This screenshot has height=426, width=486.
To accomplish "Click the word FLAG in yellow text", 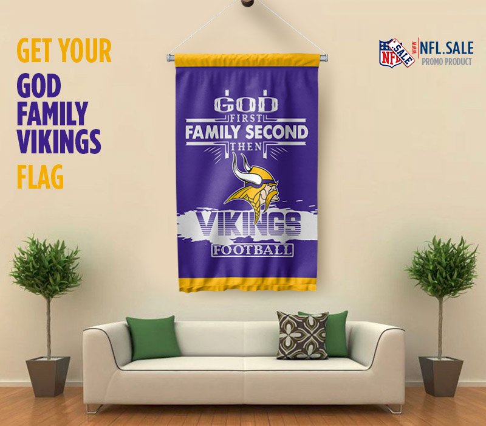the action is tap(40, 176).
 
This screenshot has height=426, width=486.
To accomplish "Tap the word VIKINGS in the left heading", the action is tap(59, 142).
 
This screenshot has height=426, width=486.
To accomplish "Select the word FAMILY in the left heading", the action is tap(52, 113).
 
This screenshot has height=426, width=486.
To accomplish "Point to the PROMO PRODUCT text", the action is tap(447, 61).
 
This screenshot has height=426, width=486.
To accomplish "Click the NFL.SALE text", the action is tap(447, 49).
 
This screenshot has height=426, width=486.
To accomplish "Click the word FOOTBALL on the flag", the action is tap(252, 250).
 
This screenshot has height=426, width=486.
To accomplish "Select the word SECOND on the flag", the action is tap(276, 132).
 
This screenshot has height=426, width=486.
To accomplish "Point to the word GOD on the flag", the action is tap(245, 102).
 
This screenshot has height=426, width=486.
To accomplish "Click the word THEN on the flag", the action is tap(247, 146).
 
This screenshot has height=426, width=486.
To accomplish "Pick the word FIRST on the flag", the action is tap(247, 118).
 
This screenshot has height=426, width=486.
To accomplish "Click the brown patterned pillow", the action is tap(303, 336).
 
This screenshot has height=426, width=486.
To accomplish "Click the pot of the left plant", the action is tap(48, 376).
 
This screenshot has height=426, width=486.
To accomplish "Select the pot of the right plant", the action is tap(441, 376).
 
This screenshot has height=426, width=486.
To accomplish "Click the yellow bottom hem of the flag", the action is tap(247, 285).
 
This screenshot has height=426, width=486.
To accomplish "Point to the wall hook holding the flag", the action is tap(247, 3).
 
